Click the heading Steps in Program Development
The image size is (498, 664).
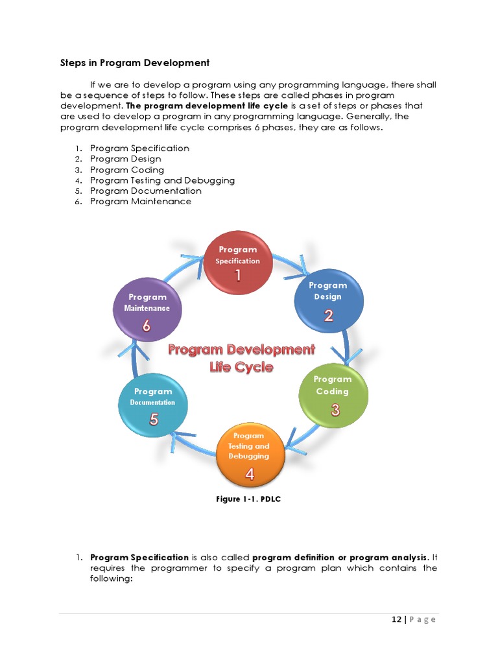135,63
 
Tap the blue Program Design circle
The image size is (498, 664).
329,298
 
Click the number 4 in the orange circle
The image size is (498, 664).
249,474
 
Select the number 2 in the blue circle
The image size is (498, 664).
329,316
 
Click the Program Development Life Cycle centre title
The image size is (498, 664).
241,358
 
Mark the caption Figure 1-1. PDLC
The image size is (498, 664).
248,499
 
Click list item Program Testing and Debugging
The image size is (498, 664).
162,180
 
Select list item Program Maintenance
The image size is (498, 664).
141,202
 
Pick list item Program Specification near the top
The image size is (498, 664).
139,148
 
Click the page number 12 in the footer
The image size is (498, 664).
396,619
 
